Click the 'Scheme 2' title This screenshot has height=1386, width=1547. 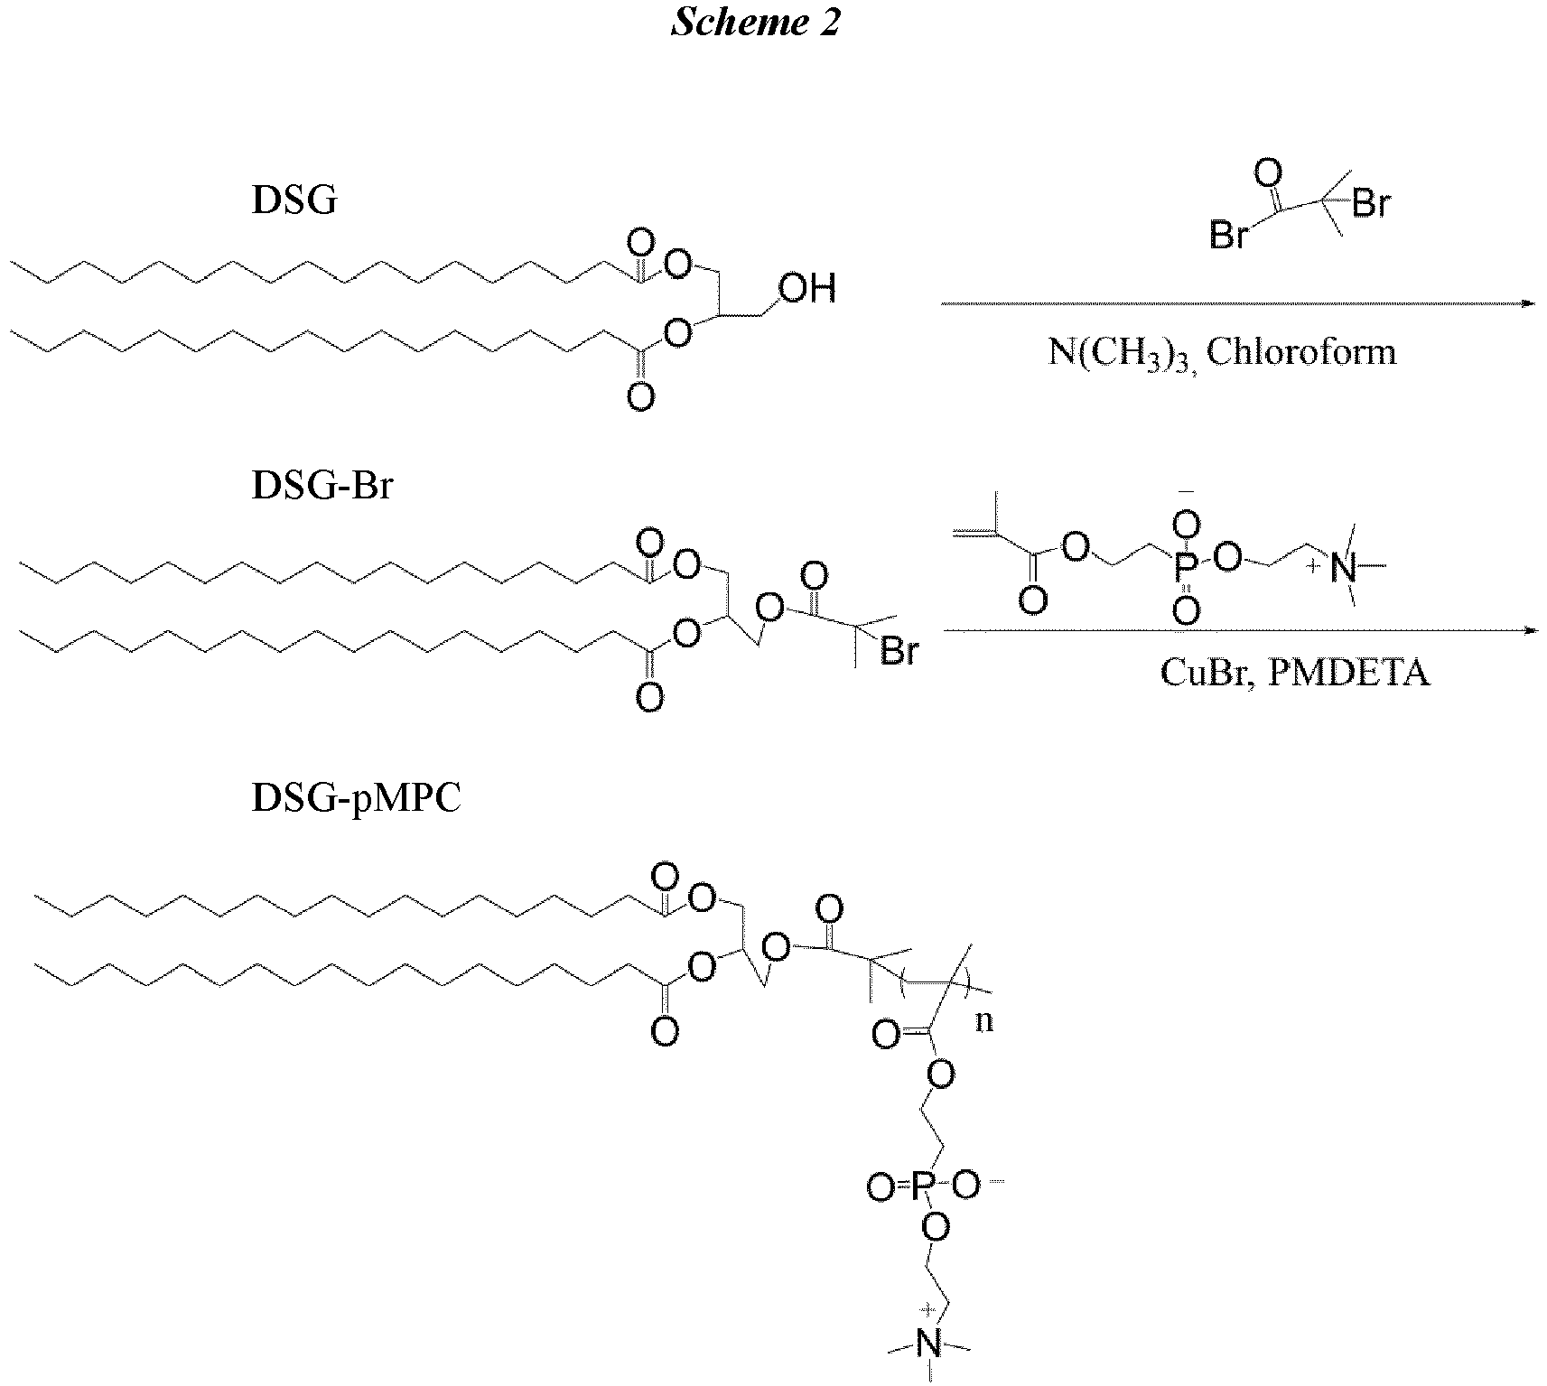pos(755,22)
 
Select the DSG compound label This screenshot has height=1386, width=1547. pos(294,200)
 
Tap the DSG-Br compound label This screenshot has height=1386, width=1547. pos(322,486)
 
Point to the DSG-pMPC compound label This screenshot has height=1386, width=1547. pos(356,798)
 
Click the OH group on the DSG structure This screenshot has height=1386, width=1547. pos(807,289)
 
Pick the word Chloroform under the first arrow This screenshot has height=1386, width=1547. pos(1301,351)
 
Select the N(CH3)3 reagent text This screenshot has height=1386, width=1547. pos(1123,352)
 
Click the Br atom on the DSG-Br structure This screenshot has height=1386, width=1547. pos(899,651)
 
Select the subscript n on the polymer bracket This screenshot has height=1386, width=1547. pos(983,1022)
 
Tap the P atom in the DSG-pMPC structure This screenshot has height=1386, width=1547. pos(920,1186)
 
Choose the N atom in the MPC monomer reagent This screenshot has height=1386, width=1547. pos(1345,567)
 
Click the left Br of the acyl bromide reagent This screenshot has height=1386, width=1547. pos(1228,237)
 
